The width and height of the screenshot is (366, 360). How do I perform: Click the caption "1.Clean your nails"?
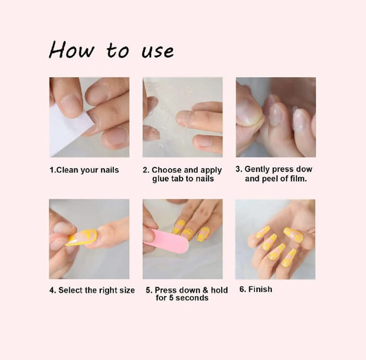pos(84,170)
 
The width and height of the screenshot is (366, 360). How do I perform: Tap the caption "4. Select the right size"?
pos(92,290)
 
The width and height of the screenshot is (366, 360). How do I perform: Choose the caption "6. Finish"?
pos(255,289)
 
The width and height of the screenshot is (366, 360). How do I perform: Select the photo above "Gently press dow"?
pos(275,117)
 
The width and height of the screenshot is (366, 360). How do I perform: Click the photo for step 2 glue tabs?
pos(182,117)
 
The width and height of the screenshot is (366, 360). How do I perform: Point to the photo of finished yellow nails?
pos(275,238)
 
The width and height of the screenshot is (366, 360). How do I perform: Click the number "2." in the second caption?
pos(146,170)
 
